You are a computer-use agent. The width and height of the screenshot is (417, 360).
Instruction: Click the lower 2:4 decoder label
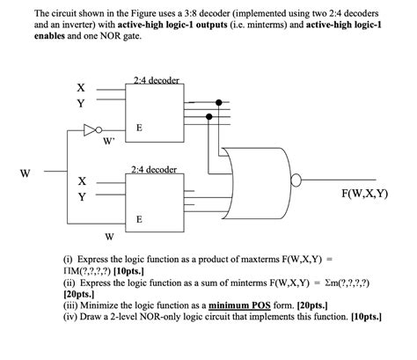click(154, 169)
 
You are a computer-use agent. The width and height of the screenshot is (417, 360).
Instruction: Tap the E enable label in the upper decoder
click(137, 128)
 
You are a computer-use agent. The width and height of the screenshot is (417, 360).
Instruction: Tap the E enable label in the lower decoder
click(137, 217)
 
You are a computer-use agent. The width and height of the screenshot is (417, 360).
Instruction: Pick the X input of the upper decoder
click(81, 88)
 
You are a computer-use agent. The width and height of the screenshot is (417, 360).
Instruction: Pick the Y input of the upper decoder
click(81, 103)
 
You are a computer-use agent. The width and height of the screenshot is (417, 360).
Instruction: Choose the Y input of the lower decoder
click(81, 196)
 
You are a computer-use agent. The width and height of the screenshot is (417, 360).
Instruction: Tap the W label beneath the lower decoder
click(108, 236)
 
